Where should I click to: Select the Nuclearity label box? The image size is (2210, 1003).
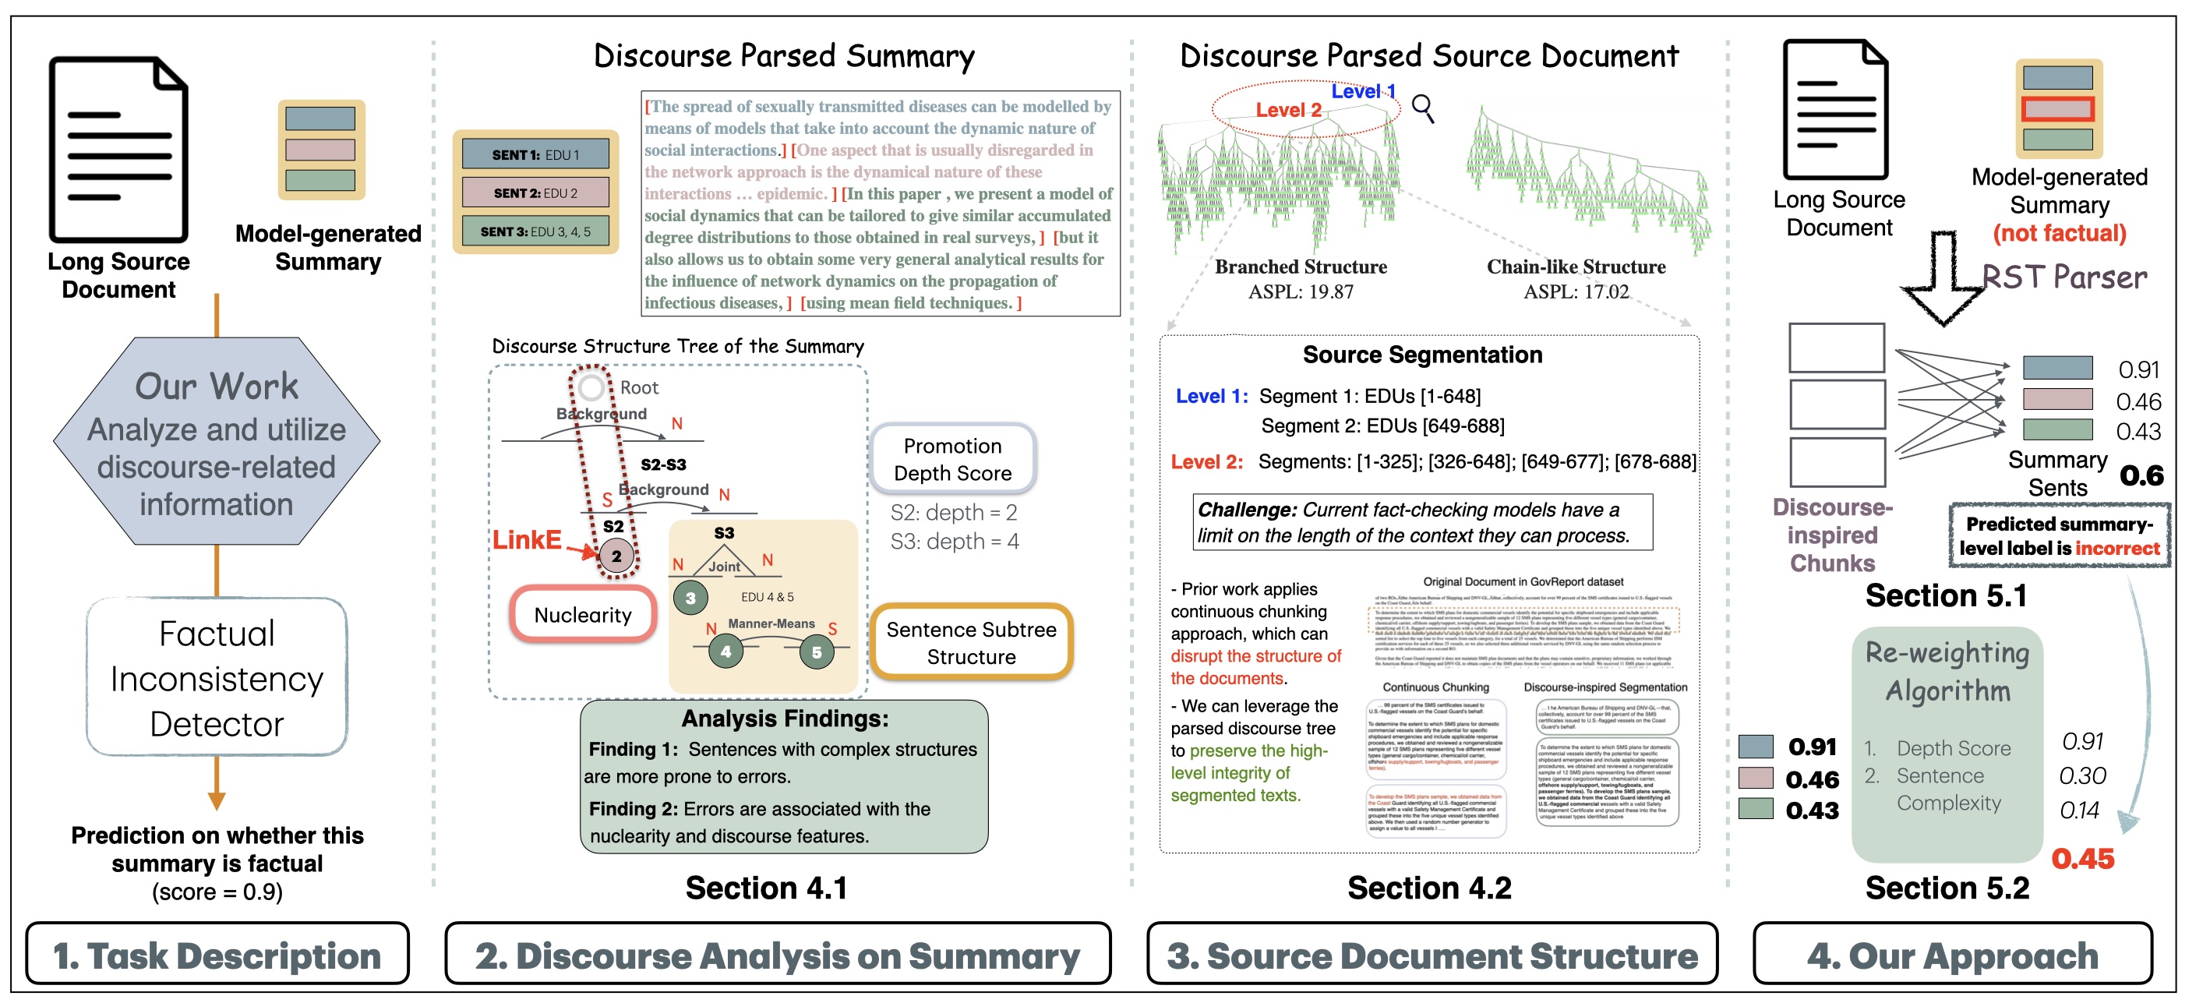583,614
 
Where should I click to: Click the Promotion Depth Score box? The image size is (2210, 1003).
952,459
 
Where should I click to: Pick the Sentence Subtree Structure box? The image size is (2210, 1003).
971,643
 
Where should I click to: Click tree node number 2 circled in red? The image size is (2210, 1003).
615,556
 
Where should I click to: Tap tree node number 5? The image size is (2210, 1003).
816,653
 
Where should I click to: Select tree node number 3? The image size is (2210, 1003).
690,598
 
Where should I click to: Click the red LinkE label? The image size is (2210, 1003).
526,539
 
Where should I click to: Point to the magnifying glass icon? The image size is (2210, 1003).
1422,108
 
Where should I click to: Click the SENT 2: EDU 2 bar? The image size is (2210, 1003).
535,193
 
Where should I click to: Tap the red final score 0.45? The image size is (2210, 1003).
2082,859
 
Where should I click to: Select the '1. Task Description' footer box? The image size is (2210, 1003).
217,955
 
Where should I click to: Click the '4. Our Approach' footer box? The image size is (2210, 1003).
1952,955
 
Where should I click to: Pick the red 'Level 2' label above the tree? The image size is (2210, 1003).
1287,110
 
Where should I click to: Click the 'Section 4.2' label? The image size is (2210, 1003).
1428,888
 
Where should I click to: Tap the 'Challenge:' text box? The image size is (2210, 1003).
1421,521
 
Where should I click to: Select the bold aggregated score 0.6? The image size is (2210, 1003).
2141,475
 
